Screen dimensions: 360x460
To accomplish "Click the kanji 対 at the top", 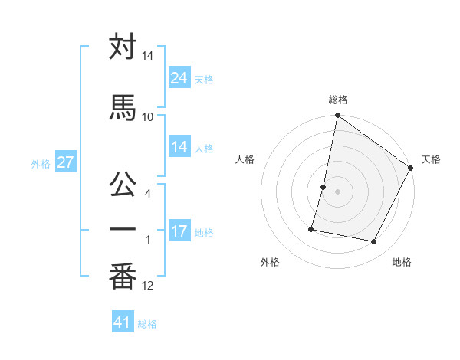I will pos(123,47).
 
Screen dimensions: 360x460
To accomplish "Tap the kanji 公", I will pos(123,183).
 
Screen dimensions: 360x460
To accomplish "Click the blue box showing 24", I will pos(179,77).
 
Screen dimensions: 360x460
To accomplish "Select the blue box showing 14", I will pos(179,147).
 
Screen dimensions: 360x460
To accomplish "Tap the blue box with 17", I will pos(179,231).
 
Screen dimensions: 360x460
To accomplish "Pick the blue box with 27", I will pos(64,162).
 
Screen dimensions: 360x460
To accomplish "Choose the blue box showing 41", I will pos(123,322).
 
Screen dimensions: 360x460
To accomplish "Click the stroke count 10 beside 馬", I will pos(148,116).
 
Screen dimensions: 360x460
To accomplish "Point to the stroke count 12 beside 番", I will pos(148,286).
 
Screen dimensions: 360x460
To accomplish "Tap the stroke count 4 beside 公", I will pos(148,193).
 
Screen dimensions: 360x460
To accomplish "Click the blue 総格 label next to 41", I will pos(147,324).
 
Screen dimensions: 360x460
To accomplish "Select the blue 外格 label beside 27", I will pos(41,163).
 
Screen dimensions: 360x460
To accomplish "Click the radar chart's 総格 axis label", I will pos(338,100).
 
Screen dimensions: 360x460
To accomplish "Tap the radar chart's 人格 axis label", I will pos(245,159).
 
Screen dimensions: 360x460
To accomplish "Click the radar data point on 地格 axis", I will pos(373,242).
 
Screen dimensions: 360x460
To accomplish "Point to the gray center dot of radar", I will pos(337,191).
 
